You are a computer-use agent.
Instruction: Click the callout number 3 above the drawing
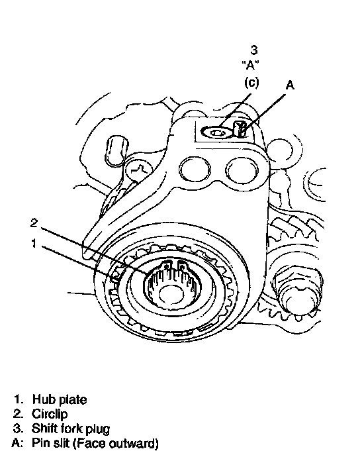253,50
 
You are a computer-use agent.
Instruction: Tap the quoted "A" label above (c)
251,65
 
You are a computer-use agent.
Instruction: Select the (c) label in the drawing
251,83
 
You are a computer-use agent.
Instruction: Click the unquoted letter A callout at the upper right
290,85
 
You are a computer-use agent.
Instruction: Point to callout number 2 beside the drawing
34,223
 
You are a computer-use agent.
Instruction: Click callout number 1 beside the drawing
34,243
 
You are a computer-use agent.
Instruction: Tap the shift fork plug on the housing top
216,133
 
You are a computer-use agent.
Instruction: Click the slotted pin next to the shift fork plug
240,129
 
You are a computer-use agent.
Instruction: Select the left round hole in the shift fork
195,171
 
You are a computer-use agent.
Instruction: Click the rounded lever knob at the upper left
116,150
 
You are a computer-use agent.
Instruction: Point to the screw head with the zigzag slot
139,170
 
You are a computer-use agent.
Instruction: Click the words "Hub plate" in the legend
60,399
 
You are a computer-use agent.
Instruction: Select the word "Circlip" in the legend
50,414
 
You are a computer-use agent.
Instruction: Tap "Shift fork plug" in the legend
71,429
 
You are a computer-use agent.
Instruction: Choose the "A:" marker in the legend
17,443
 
